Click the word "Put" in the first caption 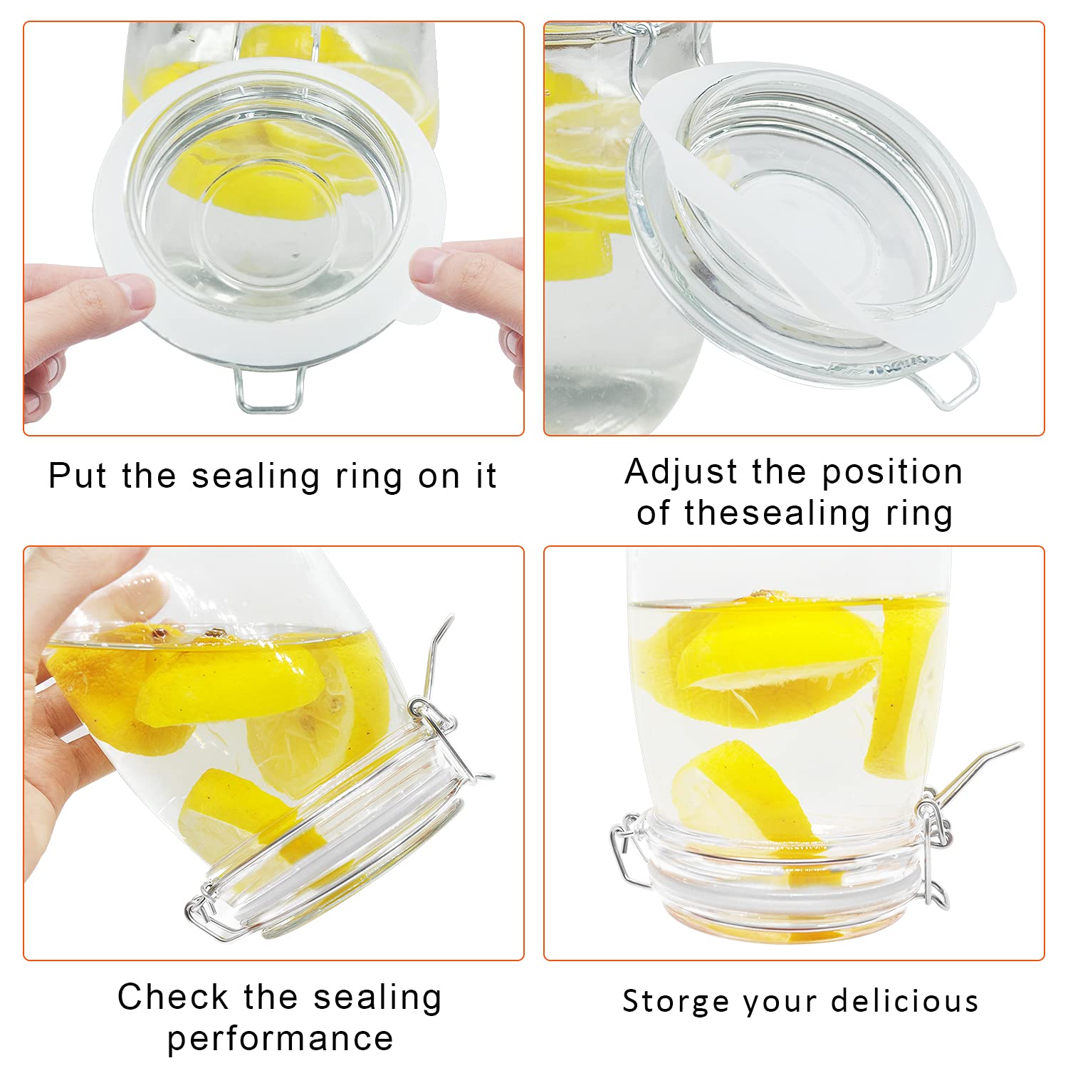click(x=77, y=476)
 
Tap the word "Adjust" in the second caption click(x=671, y=473)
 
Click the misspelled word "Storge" click(x=676, y=1001)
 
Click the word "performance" click(x=280, y=1039)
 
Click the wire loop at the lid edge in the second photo click(x=954, y=381)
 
